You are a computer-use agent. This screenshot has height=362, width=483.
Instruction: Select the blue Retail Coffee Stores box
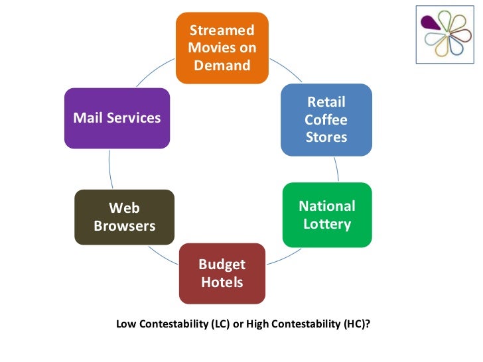326,119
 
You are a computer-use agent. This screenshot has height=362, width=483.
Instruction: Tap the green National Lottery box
326,214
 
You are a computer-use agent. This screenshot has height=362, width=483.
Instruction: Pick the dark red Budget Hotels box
222,273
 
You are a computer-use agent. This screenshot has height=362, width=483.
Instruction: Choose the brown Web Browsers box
124,216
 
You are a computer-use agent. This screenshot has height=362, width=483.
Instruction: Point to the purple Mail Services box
117,118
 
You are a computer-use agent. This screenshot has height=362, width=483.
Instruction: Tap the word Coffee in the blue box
326,120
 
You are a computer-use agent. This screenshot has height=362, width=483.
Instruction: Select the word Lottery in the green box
326,223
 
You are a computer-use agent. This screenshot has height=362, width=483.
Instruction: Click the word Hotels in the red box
222,282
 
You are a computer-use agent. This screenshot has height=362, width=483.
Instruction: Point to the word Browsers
124,225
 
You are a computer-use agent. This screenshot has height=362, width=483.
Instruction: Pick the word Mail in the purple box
87,118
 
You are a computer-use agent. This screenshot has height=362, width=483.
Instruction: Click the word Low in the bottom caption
125,324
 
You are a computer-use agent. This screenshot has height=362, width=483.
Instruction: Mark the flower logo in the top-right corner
445,34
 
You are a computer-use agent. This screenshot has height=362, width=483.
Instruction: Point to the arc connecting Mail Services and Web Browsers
109,170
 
